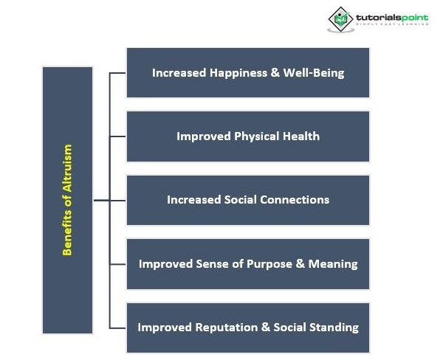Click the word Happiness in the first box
238,73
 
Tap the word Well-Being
314,73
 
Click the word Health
301,136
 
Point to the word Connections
295,200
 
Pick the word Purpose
269,264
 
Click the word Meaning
333,264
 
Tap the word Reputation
227,328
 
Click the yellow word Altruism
67,168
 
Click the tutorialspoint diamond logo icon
340,19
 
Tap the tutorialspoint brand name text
392,18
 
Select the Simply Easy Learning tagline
392,24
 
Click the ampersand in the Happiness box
275,72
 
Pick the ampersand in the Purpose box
300,263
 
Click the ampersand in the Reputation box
266,328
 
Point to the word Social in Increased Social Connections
241,200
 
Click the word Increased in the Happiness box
179,73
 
